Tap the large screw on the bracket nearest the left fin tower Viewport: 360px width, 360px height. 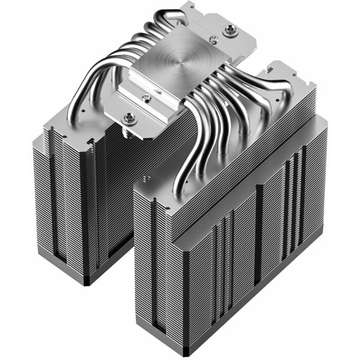[x=130, y=118]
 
